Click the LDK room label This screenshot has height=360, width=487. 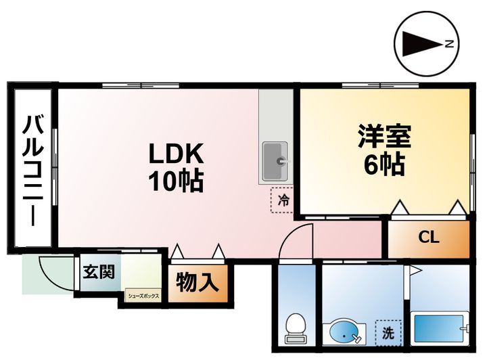click(176, 153)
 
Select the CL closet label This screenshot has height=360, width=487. click(428, 238)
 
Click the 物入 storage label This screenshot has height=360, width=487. click(197, 282)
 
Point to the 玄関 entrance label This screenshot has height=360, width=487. click(99, 272)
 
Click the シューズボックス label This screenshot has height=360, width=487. click(142, 296)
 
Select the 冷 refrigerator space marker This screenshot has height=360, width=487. click(284, 200)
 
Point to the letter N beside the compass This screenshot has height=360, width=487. click(448, 45)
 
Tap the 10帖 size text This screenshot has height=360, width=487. click(176, 179)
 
